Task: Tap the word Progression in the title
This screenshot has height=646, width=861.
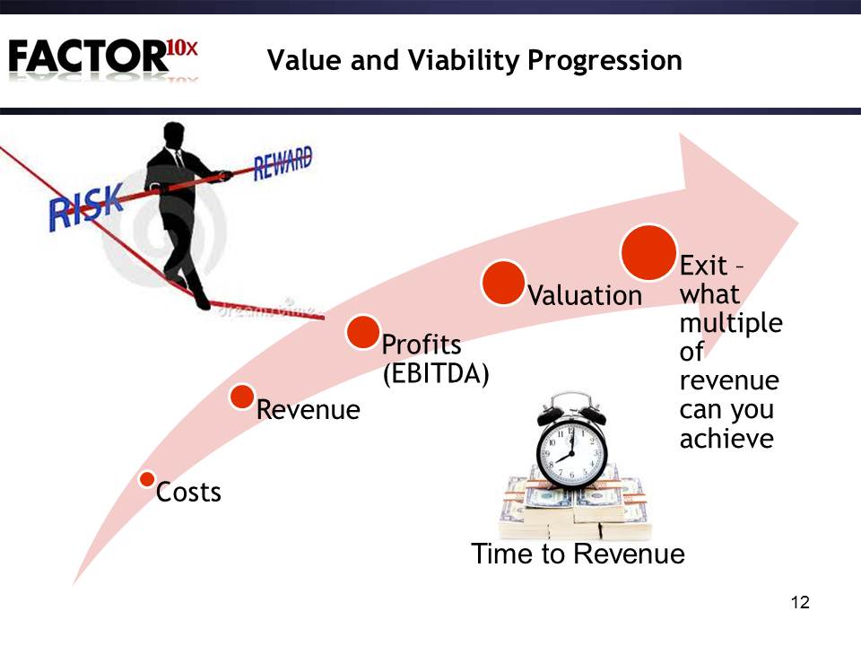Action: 604,60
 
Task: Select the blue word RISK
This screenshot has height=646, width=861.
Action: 86,207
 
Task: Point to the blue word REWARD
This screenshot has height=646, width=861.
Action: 283,162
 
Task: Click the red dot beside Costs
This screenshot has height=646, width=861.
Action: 146,479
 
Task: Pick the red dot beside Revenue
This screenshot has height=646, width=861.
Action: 241,397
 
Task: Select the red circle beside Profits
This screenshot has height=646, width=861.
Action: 363,332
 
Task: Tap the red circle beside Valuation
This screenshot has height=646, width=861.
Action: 503,283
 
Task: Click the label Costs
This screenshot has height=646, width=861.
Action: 188,493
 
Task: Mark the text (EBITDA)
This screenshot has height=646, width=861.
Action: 436,374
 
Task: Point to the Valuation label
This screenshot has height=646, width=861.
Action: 585,295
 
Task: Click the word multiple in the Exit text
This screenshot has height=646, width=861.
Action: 731,324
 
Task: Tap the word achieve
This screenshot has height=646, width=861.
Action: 726,439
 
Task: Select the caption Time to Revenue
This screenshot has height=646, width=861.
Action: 578,554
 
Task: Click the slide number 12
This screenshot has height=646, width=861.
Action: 801,603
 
